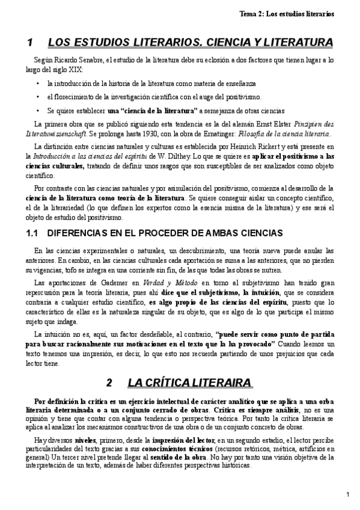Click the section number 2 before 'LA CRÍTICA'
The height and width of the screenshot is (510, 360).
coord(109,382)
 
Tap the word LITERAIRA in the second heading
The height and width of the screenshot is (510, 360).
coord(222,382)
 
